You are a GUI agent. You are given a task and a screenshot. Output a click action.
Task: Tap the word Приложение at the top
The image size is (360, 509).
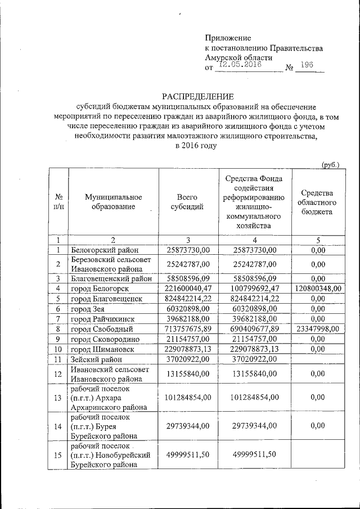227,38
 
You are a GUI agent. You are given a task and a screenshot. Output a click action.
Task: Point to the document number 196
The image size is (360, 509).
307,65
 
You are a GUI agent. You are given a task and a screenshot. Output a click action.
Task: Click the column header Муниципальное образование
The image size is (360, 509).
114,202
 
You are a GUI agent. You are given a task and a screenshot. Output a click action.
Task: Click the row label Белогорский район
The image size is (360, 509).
105,250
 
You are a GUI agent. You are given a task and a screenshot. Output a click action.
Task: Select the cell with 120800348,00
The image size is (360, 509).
318,288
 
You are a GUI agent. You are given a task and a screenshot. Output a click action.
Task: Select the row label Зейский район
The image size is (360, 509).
96,359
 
